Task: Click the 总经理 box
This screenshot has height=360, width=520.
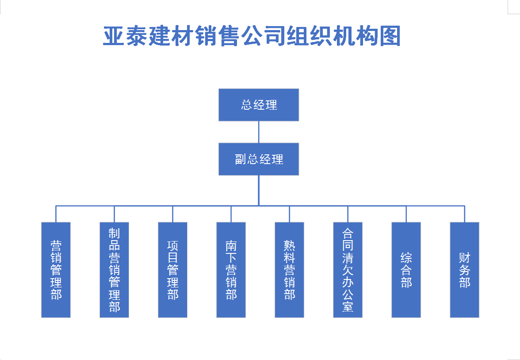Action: [259, 105]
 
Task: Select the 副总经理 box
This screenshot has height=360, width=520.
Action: [259, 159]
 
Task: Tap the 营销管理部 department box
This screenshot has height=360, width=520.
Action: [56, 270]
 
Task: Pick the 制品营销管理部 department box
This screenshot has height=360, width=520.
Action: [114, 270]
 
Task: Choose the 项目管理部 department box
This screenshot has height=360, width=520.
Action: [172, 270]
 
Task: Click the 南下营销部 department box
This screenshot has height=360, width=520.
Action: [231, 270]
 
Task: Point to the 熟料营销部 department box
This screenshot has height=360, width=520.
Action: [289, 270]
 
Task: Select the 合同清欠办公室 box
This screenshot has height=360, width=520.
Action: [348, 270]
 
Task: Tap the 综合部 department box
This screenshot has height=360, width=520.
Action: [406, 270]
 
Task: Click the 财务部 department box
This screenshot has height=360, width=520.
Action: [464, 270]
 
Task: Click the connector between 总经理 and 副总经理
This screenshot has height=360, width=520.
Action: [259, 132]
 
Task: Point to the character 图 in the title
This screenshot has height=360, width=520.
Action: [389, 36]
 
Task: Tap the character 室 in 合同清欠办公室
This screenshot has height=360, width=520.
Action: [348, 306]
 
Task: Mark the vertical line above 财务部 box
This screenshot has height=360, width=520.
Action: [465, 214]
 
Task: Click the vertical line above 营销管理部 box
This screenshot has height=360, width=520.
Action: [56, 214]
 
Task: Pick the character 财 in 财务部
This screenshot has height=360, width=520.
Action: [464, 257]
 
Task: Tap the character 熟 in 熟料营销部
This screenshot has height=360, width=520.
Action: [289, 245]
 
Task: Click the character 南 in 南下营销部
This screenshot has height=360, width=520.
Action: [231, 245]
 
